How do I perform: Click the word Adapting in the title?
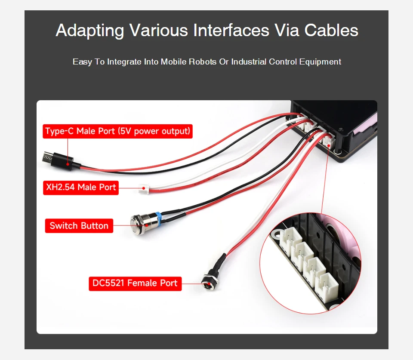click(89, 31)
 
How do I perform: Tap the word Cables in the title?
click(331, 31)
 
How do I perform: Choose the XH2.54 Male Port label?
click(81, 188)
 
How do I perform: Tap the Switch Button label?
click(79, 226)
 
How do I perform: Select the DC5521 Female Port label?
click(135, 283)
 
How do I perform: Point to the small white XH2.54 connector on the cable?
click(144, 188)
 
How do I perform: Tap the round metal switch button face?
click(137, 222)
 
